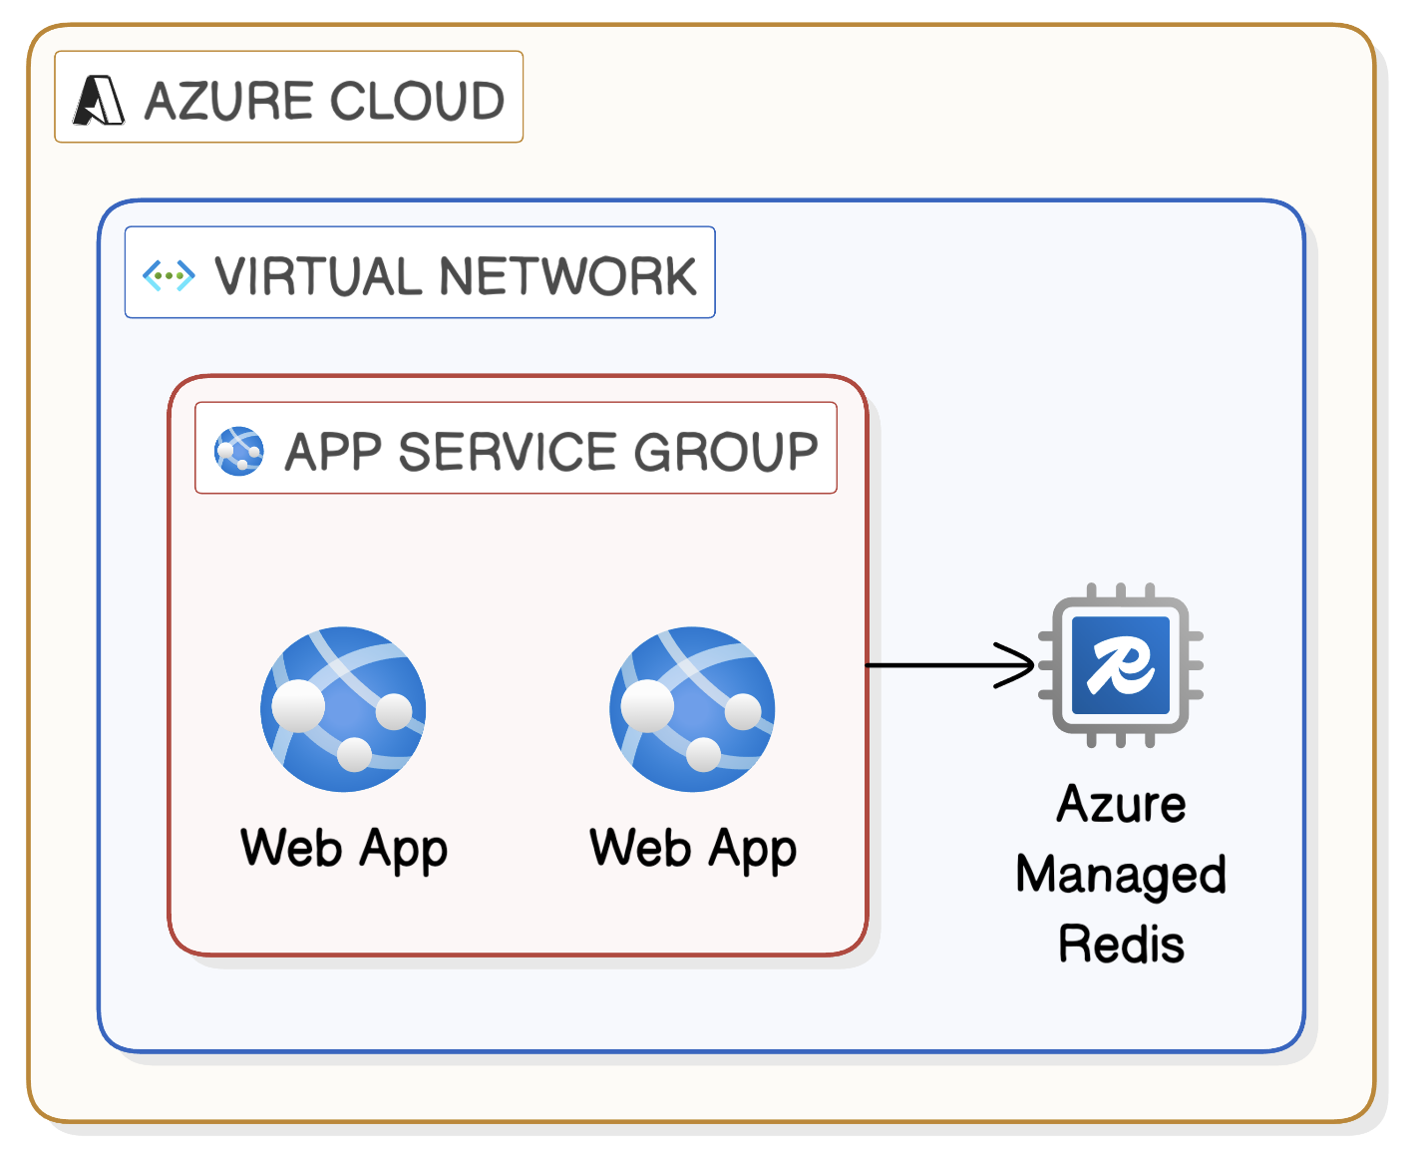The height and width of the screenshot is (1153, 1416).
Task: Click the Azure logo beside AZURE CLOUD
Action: coord(99,100)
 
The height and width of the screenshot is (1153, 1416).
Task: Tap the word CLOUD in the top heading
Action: coord(417,101)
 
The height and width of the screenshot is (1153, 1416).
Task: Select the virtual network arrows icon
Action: coord(169,275)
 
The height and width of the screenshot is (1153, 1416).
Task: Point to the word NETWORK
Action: coord(567,276)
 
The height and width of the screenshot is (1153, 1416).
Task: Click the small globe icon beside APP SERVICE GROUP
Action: coord(239,451)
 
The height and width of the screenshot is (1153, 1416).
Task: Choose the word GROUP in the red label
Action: coord(726,451)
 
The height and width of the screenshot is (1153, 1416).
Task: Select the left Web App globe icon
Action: coord(343,709)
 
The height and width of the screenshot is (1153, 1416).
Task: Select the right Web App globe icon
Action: coord(692,709)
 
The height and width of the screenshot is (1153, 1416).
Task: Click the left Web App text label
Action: coord(344,848)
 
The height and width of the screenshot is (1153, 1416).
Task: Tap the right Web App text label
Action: coord(693,848)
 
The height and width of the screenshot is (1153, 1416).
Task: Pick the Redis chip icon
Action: coord(1121,665)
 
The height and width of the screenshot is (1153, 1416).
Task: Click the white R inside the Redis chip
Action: coord(1121,665)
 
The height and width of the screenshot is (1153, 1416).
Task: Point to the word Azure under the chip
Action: coord(1121,804)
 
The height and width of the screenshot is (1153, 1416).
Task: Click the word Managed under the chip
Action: coord(1121,875)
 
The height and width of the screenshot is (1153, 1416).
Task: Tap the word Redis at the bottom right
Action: coord(1121,945)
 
